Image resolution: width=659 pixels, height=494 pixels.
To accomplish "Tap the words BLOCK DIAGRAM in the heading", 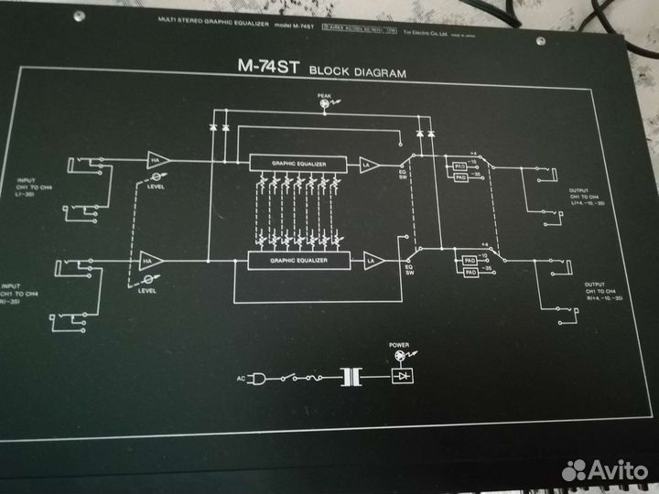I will tap(358, 70).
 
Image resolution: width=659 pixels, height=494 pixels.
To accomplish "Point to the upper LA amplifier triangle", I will tap(369, 163).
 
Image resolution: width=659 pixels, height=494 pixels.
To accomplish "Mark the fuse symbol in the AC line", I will tap(313, 376).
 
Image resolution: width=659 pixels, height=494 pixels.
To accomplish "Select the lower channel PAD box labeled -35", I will tap(470, 273).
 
